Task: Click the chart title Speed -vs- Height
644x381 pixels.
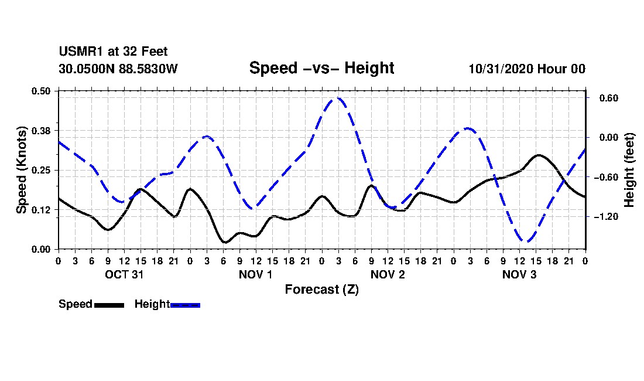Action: click(x=321, y=68)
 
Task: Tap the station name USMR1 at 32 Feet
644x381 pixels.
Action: click(x=113, y=52)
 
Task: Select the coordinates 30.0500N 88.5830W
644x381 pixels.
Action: click(x=118, y=69)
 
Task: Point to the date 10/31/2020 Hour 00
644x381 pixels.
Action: click(x=527, y=69)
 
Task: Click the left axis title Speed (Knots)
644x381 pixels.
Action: click(x=22, y=170)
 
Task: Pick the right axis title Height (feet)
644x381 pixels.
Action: click(x=630, y=170)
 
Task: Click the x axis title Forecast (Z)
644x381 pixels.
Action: click(x=321, y=290)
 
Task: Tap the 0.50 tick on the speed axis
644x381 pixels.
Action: click(x=42, y=91)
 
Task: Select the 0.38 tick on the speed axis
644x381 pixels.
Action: click(x=42, y=130)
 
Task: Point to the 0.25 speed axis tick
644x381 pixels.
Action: click(x=42, y=170)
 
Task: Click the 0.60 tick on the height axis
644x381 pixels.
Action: click(x=602, y=98)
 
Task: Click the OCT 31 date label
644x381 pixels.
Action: click(x=124, y=274)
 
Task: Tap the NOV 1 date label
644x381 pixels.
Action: click(x=256, y=274)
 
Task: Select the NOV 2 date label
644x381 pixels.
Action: click(x=388, y=274)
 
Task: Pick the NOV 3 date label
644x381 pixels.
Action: click(x=519, y=274)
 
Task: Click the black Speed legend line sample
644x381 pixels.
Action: click(x=108, y=305)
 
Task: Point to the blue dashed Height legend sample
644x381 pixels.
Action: click(x=185, y=305)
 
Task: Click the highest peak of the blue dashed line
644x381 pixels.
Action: click(x=338, y=98)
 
